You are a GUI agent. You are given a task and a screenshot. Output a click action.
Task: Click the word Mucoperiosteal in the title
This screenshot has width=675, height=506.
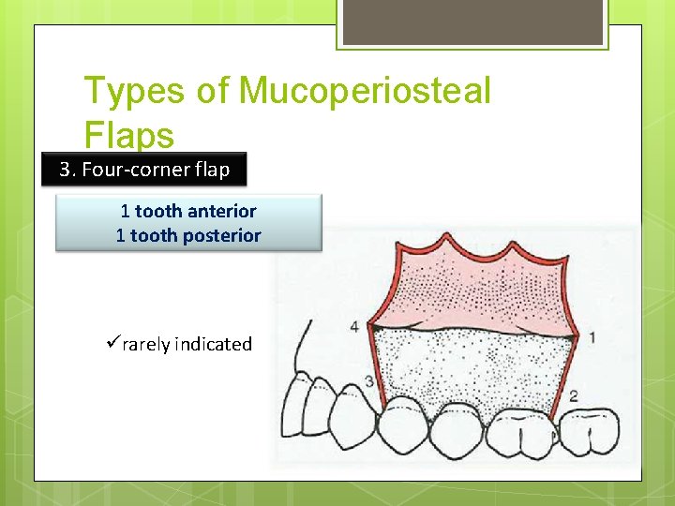pyautogui.click(x=365, y=92)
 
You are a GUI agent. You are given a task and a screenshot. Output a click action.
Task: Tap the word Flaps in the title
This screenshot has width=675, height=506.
pyautogui.click(x=129, y=136)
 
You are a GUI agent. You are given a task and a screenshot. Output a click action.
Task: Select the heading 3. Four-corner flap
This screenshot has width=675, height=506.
pyautogui.click(x=144, y=170)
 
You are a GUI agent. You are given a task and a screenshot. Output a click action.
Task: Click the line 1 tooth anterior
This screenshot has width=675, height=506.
pyautogui.click(x=188, y=211)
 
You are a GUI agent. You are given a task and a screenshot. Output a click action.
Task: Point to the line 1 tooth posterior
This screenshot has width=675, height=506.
pyautogui.click(x=188, y=235)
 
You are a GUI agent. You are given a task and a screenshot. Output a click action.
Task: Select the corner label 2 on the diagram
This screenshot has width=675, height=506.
pyautogui.click(x=573, y=395)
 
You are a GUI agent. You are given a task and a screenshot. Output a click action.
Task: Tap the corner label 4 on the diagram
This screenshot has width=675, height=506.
pyautogui.click(x=353, y=327)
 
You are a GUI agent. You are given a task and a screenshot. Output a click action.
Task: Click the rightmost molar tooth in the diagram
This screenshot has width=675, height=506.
pyautogui.click(x=590, y=431)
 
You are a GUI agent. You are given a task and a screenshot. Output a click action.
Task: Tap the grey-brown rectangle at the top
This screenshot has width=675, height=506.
pyautogui.click(x=472, y=22)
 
